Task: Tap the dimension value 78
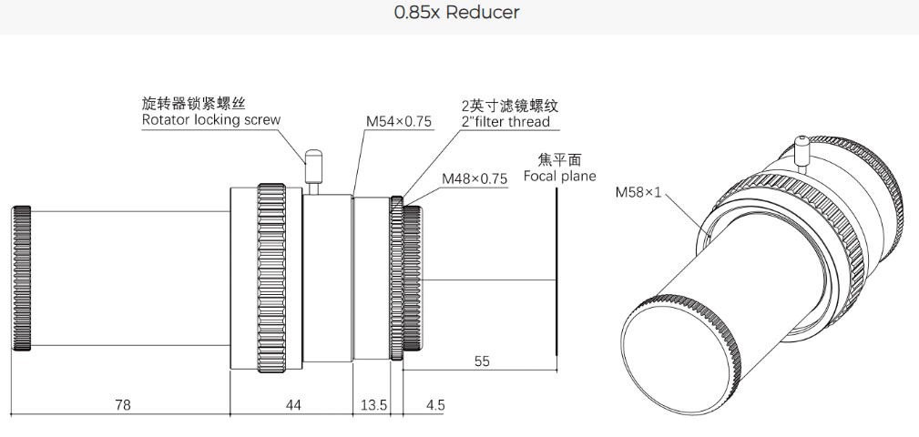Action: tap(121, 405)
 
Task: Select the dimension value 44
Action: tap(292, 405)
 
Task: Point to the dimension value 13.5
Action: tap(372, 405)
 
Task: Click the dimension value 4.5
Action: tap(434, 405)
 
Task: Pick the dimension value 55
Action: tap(482, 361)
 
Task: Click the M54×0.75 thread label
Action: tap(400, 121)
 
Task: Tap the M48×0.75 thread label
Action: tap(474, 178)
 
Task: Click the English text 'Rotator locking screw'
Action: tap(211, 120)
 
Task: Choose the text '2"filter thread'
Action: tap(505, 122)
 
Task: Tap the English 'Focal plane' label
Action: tap(559, 176)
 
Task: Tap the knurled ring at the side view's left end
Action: tap(22, 278)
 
